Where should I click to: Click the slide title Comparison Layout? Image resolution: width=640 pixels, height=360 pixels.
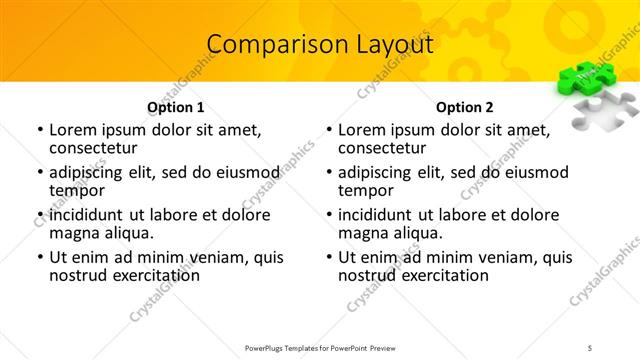click(320, 45)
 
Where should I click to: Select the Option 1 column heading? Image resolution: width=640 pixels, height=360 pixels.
click(176, 107)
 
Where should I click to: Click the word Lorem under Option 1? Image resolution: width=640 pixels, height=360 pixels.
click(72, 130)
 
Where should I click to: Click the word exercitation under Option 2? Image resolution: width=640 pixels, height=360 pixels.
click(441, 275)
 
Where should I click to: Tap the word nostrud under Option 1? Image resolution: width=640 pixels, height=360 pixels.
click(77, 275)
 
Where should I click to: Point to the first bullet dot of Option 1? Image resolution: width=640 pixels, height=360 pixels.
click(39, 131)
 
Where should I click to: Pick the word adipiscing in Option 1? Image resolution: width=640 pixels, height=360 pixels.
click(90, 172)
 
